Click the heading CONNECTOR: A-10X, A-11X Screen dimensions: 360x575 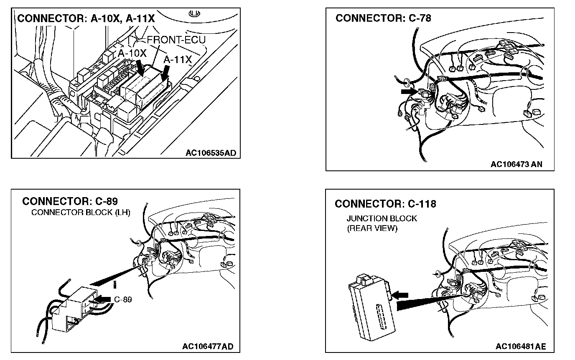point(86,19)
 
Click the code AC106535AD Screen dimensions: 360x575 point(211,153)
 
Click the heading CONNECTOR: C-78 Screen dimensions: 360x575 point(383,18)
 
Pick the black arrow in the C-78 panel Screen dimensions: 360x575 point(409,91)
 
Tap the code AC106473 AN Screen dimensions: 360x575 point(516,164)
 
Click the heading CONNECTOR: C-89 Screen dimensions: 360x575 point(70,201)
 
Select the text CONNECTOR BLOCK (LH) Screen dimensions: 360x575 point(81,212)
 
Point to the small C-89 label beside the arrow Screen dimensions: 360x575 point(123,299)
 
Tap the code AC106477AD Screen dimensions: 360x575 point(208,346)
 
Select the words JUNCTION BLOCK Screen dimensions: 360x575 point(382,218)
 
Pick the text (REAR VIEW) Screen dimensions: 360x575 point(372,228)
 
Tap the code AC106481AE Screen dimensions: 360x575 point(521,346)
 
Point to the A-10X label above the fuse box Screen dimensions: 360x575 point(132,54)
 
